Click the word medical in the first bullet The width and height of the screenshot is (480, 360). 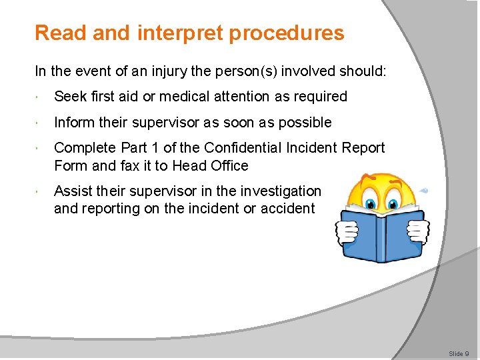coord(213,97)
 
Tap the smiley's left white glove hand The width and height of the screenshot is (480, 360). coord(347,232)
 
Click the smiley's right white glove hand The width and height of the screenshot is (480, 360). coord(417,231)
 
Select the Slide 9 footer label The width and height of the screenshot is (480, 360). coord(459,353)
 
